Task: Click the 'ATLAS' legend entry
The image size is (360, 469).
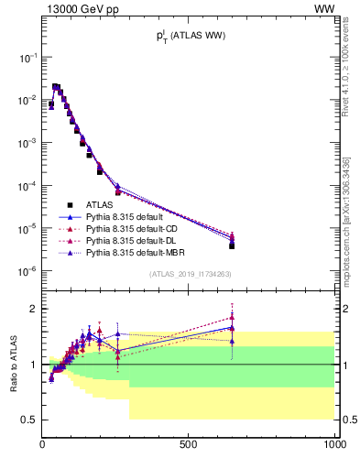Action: pos(99,204)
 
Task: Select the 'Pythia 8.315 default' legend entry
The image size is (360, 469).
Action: pos(129,216)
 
